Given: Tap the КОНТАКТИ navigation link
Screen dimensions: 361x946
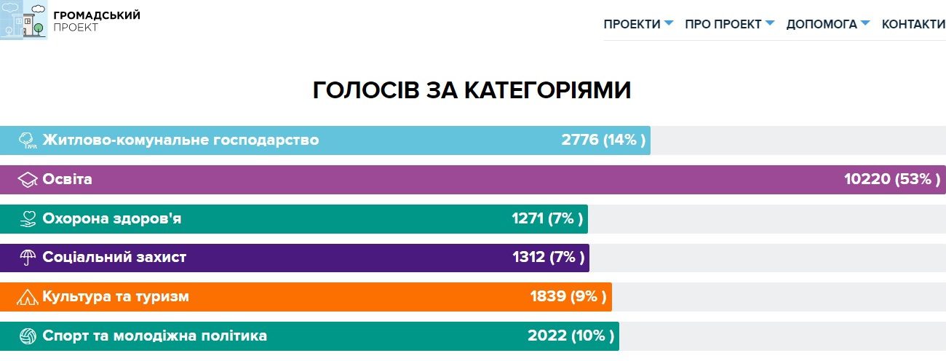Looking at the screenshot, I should (x=913, y=24).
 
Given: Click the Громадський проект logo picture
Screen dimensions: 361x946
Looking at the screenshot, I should (x=23, y=20).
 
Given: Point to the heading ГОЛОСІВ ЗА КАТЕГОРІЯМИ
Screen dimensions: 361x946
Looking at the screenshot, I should (x=472, y=90).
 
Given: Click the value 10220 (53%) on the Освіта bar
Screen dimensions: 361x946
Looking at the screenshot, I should (x=893, y=179).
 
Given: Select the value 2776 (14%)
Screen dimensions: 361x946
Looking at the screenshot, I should (x=603, y=140).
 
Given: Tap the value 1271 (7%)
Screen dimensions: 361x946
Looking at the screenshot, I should (x=547, y=218).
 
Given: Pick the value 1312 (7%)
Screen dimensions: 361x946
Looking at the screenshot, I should (x=548, y=257).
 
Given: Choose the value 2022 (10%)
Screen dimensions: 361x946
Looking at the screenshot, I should (x=571, y=336).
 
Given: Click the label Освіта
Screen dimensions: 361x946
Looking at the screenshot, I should (x=68, y=179).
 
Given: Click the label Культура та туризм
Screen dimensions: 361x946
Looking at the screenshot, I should (x=116, y=296).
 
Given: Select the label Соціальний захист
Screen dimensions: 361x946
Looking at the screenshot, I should (x=114, y=257).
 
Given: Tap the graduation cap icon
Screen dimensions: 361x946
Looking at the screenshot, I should (x=27, y=180).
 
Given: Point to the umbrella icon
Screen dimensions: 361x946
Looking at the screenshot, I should (x=28, y=258).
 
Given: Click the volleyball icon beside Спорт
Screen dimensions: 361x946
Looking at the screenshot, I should (x=28, y=336).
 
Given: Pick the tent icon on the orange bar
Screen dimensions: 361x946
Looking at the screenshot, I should (x=28, y=297).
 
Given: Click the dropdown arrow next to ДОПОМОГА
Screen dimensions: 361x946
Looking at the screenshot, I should (x=865, y=23).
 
